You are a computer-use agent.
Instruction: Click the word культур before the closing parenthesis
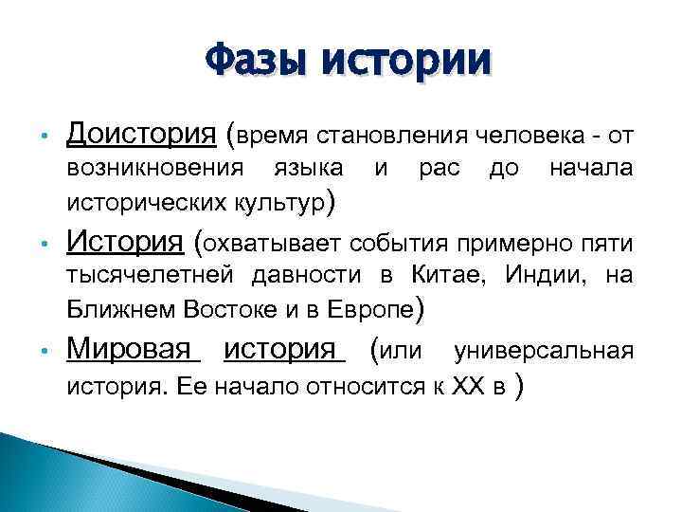284,202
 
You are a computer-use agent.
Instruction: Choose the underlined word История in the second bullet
124,242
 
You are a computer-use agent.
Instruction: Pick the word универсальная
544,351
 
